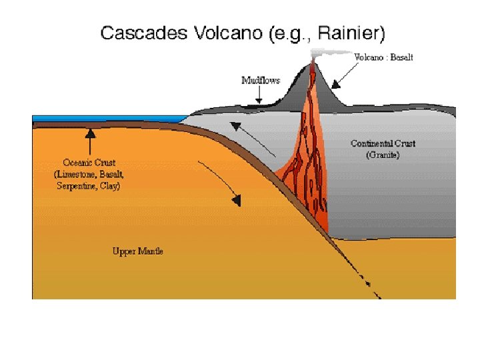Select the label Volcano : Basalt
coord(383,57)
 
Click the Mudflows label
coord(261,80)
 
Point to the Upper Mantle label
coord(137,251)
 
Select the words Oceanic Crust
coord(89,162)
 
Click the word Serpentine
coord(75,187)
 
